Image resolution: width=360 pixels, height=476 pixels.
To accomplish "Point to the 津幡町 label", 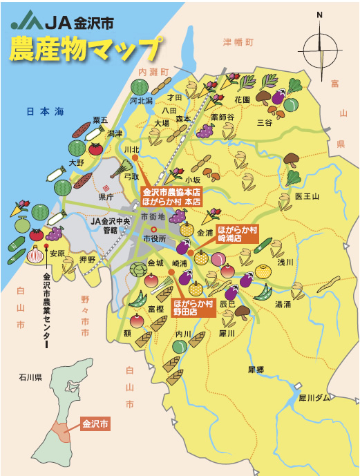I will tap(239, 41).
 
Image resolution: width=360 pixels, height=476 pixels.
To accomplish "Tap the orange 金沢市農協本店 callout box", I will tap(171, 196).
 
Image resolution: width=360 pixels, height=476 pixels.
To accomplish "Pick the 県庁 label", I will tap(106, 196).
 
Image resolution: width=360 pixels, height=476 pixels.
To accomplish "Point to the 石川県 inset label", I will tap(31, 378).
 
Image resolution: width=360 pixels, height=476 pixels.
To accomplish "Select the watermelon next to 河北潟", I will tap(140, 87).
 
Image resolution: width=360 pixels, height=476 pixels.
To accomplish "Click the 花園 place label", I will tap(241, 99).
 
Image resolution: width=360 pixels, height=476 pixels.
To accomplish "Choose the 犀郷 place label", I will tap(256, 370).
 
